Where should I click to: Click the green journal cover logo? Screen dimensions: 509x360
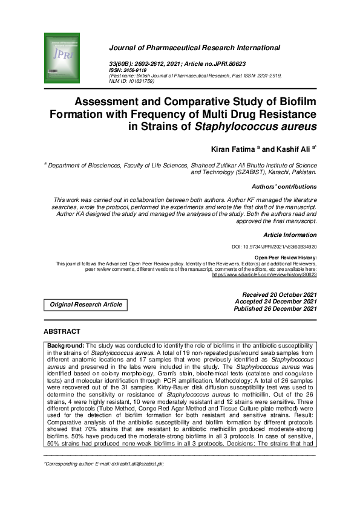pos(63,57)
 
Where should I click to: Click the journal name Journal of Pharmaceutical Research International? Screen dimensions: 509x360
pos(194,47)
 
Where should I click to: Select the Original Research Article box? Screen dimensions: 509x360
pos(85,305)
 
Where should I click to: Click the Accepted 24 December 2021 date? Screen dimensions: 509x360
pos(276,302)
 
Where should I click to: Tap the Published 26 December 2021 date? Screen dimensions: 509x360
pos(275,309)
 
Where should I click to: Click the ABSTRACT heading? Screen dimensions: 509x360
pos(62,332)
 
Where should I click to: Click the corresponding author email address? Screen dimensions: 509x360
pos(131,464)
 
